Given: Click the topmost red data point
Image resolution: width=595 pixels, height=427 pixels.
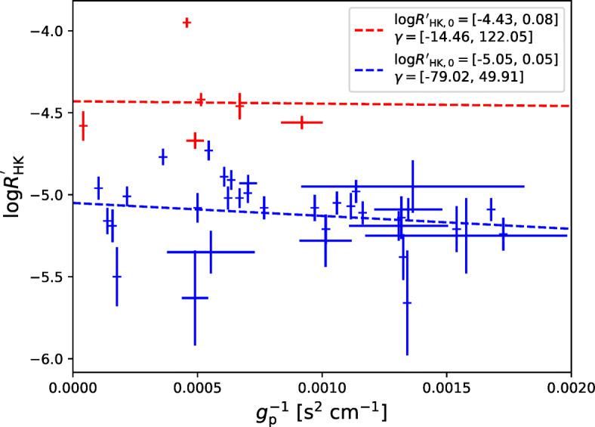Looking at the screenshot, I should point(187,23).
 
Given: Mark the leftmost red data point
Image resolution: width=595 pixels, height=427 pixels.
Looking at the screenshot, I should point(83,125).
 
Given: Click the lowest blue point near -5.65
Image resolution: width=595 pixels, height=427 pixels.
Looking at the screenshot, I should point(407,303).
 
